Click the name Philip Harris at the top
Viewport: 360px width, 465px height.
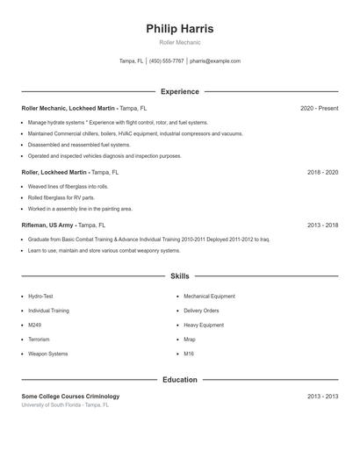pyautogui.click(x=179, y=29)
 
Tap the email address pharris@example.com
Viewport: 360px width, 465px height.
pyautogui.click(x=214, y=61)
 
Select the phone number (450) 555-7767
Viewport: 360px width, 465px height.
pyautogui.click(x=166, y=61)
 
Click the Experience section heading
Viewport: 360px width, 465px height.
pyautogui.click(x=179, y=91)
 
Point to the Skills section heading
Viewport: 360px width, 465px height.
pyautogui.click(x=179, y=275)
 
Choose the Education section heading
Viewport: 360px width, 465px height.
pyautogui.click(x=179, y=380)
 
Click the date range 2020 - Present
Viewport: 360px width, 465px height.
pyautogui.click(x=319, y=108)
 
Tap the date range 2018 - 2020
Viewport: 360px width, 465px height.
pyautogui.click(x=322, y=173)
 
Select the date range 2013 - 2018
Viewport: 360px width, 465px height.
pyautogui.click(x=322, y=225)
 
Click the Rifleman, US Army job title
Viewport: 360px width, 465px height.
pyautogui.click(x=47, y=225)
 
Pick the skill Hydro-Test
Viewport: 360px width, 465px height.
pyautogui.click(x=40, y=297)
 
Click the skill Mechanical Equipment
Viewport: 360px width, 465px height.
pyautogui.click(x=209, y=297)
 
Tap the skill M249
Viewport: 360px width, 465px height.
pyautogui.click(x=35, y=325)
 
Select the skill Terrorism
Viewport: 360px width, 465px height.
pyautogui.click(x=39, y=340)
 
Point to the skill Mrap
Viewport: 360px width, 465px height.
pyautogui.click(x=190, y=340)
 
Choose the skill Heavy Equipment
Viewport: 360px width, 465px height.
pyautogui.click(x=204, y=325)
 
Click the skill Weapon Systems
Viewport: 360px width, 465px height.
pyautogui.click(x=47, y=354)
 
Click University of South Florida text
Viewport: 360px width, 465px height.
pyautogui.click(x=52, y=405)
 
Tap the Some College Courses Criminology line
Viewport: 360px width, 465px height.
pyautogui.click(x=70, y=397)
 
